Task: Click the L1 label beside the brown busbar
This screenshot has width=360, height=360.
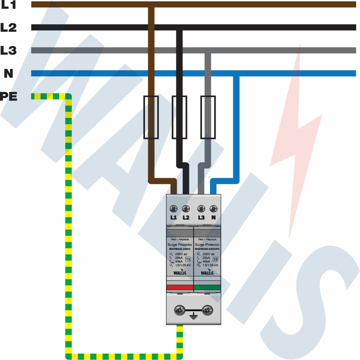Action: tap(8, 5)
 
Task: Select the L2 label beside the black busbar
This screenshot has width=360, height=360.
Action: tap(8, 27)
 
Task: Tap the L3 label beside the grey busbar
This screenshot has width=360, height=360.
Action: tap(8, 50)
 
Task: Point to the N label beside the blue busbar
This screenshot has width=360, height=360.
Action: tap(8, 73)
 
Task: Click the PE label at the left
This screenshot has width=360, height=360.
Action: tap(8, 96)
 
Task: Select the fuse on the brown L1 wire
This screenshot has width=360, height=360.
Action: tap(151, 117)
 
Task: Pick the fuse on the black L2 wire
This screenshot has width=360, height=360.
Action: tap(179, 117)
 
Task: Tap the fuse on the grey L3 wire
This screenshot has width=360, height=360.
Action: tap(207, 117)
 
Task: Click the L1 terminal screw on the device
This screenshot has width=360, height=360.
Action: tap(173, 208)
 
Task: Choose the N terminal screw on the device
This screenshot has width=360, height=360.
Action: tap(213, 208)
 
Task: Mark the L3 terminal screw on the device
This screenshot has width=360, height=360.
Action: tap(201, 208)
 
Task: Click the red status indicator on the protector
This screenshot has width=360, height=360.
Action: tap(180, 287)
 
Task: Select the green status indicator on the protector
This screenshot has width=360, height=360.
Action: tap(207, 287)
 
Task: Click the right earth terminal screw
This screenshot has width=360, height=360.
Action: tap(207, 310)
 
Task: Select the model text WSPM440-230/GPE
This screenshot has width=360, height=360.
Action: tap(207, 249)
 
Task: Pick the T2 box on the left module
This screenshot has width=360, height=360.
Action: tap(188, 259)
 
